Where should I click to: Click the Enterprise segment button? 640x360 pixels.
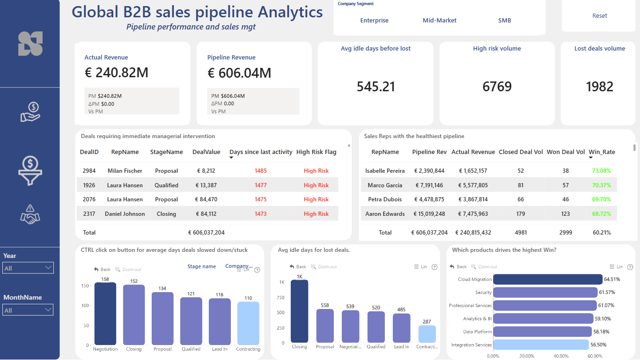(374, 20)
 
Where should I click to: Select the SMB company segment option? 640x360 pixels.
(505, 20)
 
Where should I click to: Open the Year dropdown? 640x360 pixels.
(28, 268)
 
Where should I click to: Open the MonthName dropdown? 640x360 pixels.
(28, 310)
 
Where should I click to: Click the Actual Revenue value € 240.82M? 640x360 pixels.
(117, 73)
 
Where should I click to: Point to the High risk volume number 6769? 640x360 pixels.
(497, 87)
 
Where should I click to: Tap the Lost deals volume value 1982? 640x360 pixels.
(599, 87)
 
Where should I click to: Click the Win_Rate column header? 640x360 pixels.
(602, 152)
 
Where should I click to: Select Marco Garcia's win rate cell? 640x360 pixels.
(602, 185)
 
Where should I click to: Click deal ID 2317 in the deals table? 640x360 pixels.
(89, 214)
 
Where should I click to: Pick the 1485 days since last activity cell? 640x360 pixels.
(261, 171)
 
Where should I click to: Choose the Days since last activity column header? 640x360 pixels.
(261, 152)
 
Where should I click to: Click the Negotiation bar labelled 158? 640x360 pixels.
(105, 314)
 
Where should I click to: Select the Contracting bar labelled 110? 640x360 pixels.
(248, 323)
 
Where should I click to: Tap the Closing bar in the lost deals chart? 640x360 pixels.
(300, 311)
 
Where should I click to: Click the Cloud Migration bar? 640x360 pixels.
(548, 279)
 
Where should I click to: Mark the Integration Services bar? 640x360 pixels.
(541, 345)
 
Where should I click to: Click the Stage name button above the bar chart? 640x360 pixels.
(201, 266)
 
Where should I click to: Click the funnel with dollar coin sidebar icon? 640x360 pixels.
(30, 170)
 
